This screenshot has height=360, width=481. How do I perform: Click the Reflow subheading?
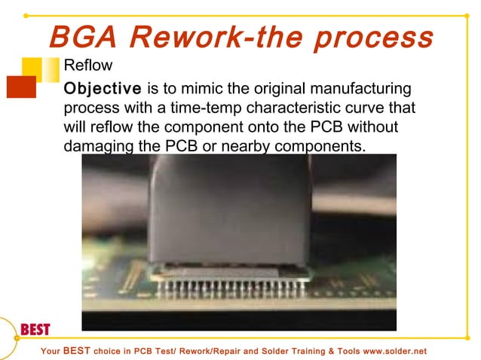[x=88, y=66]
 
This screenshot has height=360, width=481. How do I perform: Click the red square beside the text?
[x=21, y=87]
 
